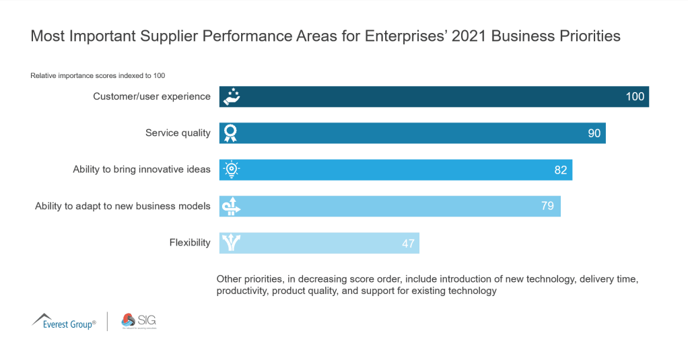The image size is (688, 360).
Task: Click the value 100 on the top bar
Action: pos(635,96)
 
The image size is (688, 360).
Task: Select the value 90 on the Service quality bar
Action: pos(594,133)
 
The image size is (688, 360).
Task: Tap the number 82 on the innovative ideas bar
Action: pos(560,170)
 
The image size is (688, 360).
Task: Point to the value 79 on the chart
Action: pos(547,206)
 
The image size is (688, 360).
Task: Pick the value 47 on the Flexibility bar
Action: pos(408,243)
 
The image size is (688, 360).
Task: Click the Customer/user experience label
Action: pos(151,96)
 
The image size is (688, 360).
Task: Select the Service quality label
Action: pos(178,133)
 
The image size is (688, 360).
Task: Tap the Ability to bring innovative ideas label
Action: pos(141,170)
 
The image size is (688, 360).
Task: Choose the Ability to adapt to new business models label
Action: pos(123,206)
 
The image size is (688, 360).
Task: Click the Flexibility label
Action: pos(190,242)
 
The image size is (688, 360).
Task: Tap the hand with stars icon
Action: pos(231,96)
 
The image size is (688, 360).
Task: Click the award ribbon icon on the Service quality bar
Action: pos(231,133)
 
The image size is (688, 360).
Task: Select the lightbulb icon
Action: pos(231,170)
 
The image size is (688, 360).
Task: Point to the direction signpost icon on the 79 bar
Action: pos(231,206)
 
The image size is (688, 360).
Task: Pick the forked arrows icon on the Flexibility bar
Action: pos(231,243)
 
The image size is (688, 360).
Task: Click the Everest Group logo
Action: pos(64,321)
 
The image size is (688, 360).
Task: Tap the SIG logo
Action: pos(138,322)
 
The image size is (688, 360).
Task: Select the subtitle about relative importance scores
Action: pos(98,75)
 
